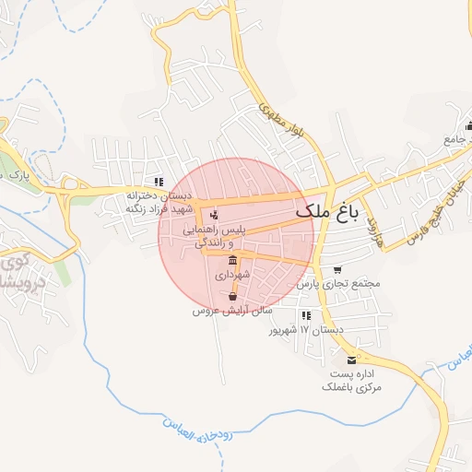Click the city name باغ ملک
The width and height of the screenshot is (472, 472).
[325, 213]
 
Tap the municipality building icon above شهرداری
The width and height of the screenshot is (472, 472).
[230, 260]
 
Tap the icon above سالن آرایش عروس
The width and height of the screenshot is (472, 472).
[231, 297]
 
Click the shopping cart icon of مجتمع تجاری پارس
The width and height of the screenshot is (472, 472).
[337, 270]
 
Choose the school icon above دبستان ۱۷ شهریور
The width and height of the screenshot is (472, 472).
[306, 315]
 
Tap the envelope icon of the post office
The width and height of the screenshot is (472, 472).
[351, 359]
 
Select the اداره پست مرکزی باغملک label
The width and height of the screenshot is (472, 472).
[351, 382]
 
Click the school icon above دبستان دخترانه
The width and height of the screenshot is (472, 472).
[159, 182]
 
